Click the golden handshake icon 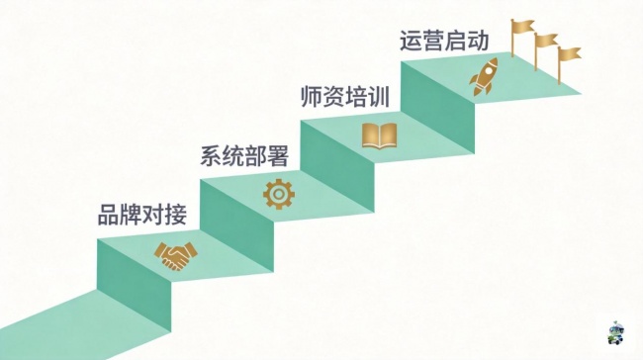(175, 256)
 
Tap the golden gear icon (279, 194)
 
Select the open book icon (379, 135)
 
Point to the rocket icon (484, 77)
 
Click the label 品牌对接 (142, 215)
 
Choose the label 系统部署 (244, 156)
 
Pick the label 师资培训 (345, 97)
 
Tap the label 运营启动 (444, 41)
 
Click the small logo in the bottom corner (615, 333)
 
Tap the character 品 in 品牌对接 (109, 215)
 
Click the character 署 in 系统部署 (278, 156)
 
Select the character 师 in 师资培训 (312, 97)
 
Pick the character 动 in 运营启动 (478, 41)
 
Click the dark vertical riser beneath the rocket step (437, 108)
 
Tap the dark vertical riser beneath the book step (337, 166)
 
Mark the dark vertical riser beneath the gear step (236, 225)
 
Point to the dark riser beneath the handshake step (135, 285)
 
